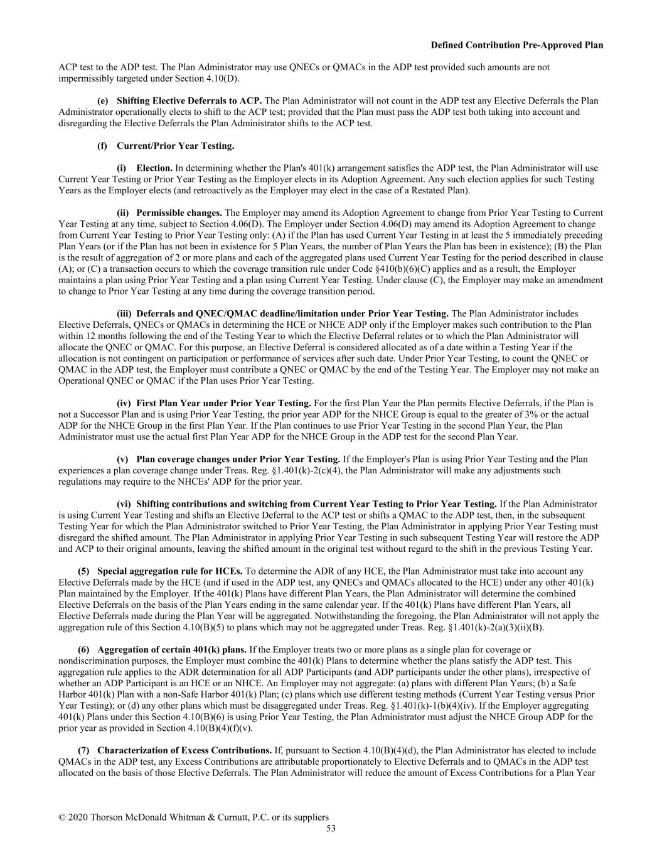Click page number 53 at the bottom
coord(331,828)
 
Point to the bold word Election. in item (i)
coord(154,168)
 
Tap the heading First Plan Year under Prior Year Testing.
coord(223,403)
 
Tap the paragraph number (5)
coord(84,571)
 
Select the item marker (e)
coord(102,101)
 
